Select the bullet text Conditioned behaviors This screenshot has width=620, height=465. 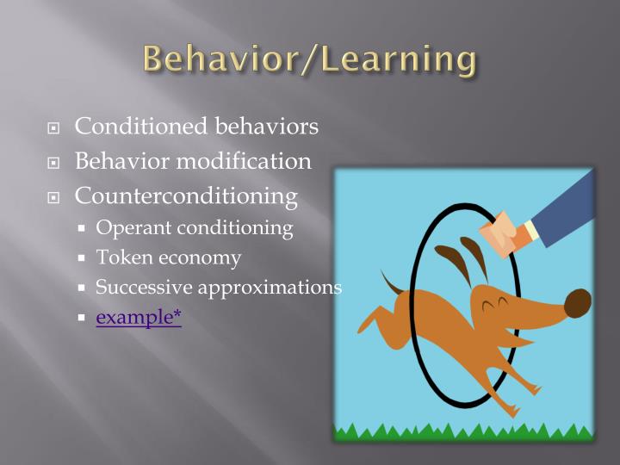[196, 127]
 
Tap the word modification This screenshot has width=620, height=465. [249, 161]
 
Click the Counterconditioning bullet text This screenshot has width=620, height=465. [186, 195]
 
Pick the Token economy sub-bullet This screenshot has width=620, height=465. [168, 257]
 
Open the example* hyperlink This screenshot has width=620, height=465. [139, 317]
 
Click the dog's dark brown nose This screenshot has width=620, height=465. [577, 303]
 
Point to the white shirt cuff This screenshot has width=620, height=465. [532, 230]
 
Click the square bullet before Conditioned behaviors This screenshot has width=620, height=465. [54, 128]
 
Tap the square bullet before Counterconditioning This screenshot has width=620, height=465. [54, 197]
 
